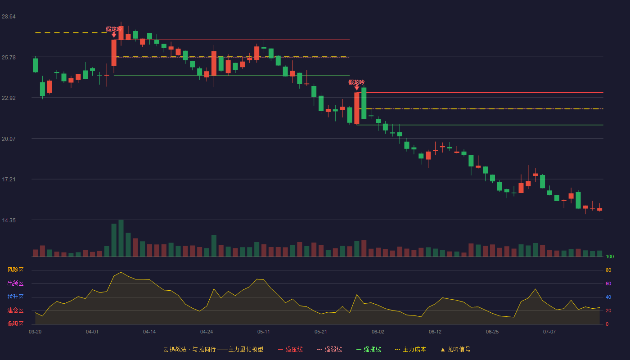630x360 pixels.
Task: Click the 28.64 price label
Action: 9,17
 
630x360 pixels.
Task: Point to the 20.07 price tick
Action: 9,139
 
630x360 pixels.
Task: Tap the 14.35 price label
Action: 9,220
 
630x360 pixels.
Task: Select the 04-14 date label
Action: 149,332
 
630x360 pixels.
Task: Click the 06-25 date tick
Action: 492,332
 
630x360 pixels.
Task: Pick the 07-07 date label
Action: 549,332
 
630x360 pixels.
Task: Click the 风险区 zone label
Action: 15,270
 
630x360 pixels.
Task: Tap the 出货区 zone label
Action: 15,283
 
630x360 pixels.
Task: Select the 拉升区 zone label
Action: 15,297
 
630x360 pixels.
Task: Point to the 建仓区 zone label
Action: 15,310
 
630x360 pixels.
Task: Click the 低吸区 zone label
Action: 15,324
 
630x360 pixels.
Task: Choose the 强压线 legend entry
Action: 290,349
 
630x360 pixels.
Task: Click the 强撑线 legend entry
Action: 369,349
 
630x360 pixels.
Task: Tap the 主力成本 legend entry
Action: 410,349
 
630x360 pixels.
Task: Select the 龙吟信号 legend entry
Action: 455,349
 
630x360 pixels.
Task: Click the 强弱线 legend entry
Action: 329,349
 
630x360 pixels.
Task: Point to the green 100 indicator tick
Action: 610,256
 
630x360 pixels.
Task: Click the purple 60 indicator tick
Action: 608,283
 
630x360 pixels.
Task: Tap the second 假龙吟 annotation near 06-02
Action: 356,82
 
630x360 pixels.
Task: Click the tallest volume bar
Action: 121,238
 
